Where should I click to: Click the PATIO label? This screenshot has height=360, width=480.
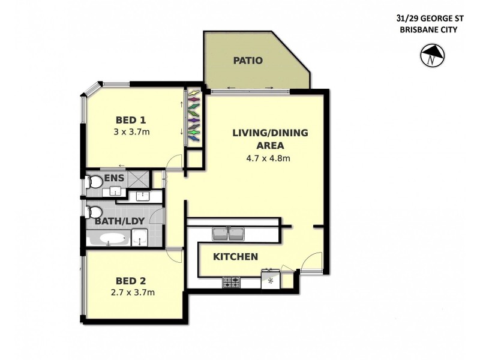[x=247, y=61]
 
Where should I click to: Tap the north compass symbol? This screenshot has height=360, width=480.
[x=429, y=58]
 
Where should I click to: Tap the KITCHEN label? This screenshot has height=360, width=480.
[x=235, y=257]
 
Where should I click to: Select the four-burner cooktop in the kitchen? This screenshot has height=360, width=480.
[x=232, y=281]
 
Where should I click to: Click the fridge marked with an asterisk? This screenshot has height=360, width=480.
[x=269, y=280]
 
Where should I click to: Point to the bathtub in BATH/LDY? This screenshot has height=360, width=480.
[x=109, y=240]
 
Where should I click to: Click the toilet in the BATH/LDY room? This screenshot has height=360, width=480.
[x=93, y=212]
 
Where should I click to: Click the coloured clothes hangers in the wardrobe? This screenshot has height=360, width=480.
[x=193, y=116]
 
